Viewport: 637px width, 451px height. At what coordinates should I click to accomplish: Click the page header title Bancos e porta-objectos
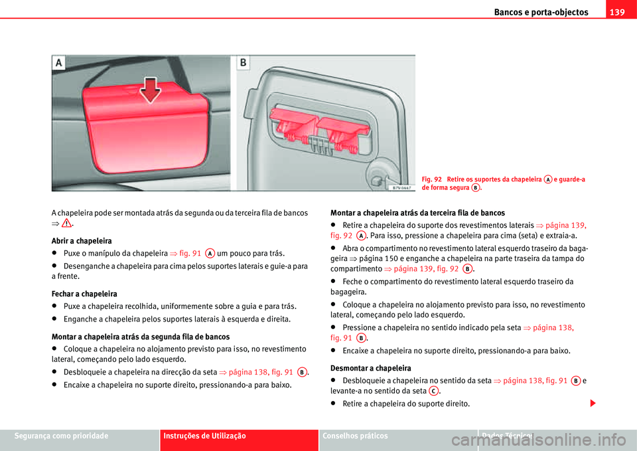click(x=541, y=12)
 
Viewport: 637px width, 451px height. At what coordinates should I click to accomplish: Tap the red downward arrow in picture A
click(x=152, y=88)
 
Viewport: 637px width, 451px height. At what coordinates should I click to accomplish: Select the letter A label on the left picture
click(x=60, y=63)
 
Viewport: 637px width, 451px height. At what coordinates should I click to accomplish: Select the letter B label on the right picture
click(x=244, y=63)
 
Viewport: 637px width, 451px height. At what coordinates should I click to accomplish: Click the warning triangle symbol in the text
click(x=66, y=225)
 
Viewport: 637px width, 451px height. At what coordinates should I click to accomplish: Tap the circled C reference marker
click(x=433, y=391)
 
